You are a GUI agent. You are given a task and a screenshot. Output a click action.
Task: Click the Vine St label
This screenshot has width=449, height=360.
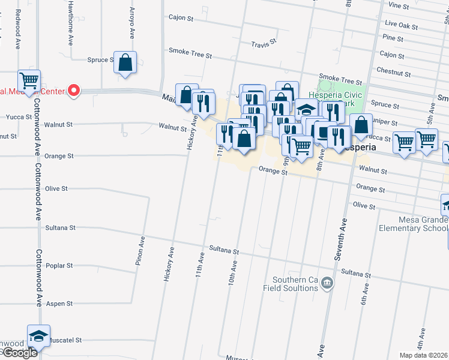[399, 6]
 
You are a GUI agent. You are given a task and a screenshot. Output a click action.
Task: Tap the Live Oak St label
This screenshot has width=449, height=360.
[401, 25]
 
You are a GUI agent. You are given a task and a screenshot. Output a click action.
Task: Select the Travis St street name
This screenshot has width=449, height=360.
[263, 44]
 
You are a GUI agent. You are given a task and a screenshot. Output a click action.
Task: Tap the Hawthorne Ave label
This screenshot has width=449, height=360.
[71, 24]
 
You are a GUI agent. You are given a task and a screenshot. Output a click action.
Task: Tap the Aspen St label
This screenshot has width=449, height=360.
[59, 304]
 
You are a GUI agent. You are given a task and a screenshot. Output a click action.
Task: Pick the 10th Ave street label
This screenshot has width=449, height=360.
[233, 271]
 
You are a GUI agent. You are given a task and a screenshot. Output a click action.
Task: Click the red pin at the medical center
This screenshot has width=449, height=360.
[74, 91]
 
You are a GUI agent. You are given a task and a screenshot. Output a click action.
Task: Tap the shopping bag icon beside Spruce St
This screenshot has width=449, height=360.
[125, 63]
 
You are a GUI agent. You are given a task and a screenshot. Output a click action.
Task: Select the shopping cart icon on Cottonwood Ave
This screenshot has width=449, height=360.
[29, 80]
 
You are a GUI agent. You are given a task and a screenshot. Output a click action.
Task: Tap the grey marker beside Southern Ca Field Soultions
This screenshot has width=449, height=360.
[327, 283]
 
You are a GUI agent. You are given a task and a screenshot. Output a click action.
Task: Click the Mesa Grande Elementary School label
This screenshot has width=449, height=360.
[413, 224]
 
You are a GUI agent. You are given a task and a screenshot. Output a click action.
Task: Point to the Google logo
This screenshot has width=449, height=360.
[19, 353]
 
